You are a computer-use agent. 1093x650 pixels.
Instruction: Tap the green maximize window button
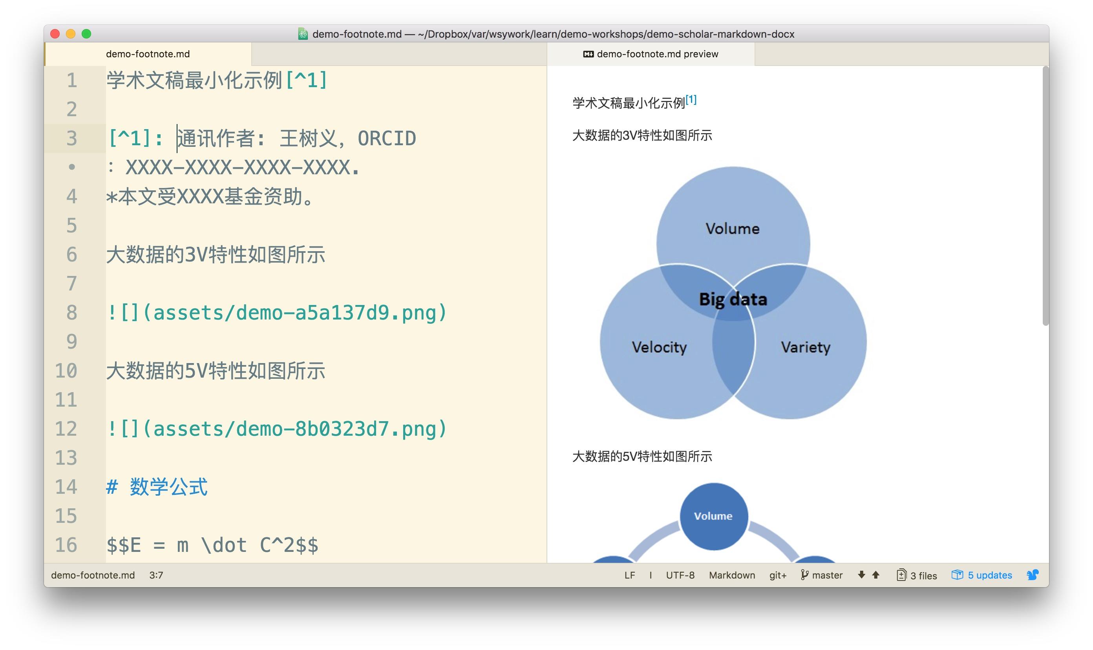tap(86, 34)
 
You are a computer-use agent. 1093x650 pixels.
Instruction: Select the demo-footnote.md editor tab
tap(148, 54)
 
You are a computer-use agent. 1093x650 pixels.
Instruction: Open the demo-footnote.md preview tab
tap(651, 54)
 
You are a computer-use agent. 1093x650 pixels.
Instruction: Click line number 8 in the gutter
tap(71, 313)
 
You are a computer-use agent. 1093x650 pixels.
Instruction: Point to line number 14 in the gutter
tap(66, 487)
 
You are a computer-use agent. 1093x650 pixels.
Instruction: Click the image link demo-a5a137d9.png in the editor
tap(276, 313)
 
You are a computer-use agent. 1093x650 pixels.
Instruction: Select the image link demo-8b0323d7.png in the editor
tap(276, 429)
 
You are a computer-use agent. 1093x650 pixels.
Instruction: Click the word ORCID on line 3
tap(386, 139)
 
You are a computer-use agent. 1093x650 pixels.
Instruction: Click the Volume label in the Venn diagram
tap(733, 229)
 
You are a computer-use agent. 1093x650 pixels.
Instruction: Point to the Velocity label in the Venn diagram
tap(659, 347)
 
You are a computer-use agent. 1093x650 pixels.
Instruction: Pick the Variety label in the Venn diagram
tap(805, 347)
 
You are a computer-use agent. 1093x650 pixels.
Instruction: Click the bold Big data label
tap(733, 299)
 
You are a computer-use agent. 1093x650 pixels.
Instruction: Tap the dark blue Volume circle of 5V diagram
tap(713, 516)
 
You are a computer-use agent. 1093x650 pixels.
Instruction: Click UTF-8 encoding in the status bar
tap(680, 575)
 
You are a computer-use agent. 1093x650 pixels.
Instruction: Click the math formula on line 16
tap(212, 545)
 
